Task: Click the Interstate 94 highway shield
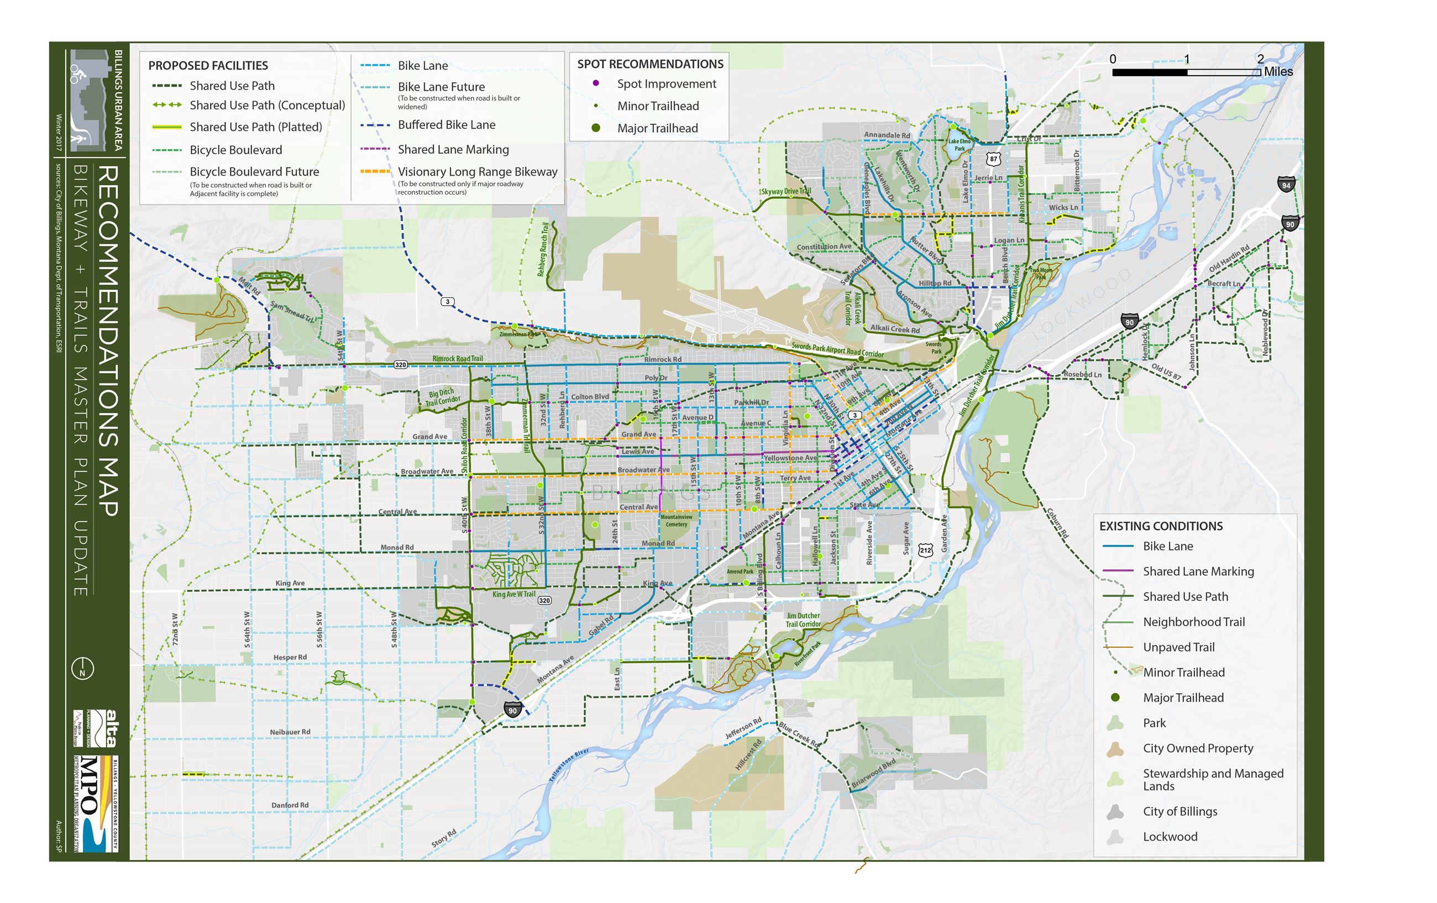tap(1286, 185)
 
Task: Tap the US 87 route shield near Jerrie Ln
tap(993, 159)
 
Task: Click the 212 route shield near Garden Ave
tap(925, 550)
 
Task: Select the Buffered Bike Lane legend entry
tap(447, 125)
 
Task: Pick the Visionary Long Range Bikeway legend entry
tap(477, 172)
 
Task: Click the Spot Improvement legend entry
tap(666, 84)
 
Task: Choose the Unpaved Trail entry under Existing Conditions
tap(1178, 647)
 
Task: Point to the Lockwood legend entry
tap(1169, 836)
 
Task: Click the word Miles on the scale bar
tap(1278, 72)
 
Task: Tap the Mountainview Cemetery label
tap(676, 521)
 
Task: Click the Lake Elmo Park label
tap(959, 145)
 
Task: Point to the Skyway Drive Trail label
tap(786, 192)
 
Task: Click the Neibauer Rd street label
tap(290, 732)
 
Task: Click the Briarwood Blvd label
tap(873, 774)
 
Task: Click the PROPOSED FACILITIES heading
tap(208, 66)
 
